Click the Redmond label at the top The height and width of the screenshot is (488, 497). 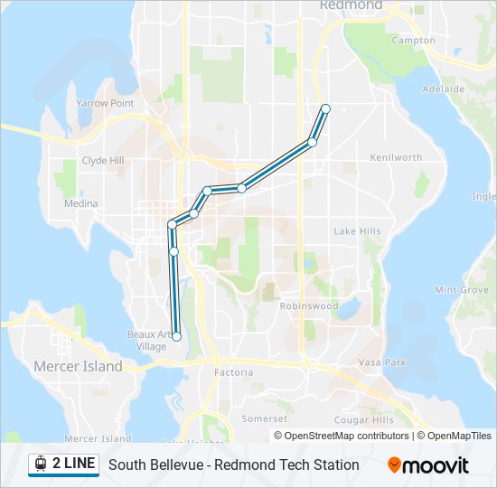click(352, 5)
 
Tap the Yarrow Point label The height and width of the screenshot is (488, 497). click(104, 104)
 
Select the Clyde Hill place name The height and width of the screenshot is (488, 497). click(102, 161)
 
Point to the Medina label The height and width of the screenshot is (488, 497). click(80, 203)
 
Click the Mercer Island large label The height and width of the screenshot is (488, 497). click(78, 367)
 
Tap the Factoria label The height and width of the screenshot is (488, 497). click(233, 372)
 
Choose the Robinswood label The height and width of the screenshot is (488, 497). click(309, 306)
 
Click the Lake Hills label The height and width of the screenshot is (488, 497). click(357, 231)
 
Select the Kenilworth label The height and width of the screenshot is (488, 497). click(396, 157)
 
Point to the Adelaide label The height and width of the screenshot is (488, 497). click(444, 89)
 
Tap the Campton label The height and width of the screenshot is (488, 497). click(413, 41)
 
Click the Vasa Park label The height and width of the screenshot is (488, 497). click(381, 361)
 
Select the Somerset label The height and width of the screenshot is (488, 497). click(265, 419)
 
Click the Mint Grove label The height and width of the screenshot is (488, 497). click(462, 290)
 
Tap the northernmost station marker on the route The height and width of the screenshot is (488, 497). click(325, 108)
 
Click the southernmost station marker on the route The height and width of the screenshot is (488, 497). click(176, 337)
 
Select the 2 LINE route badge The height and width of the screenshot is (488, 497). click(63, 465)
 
